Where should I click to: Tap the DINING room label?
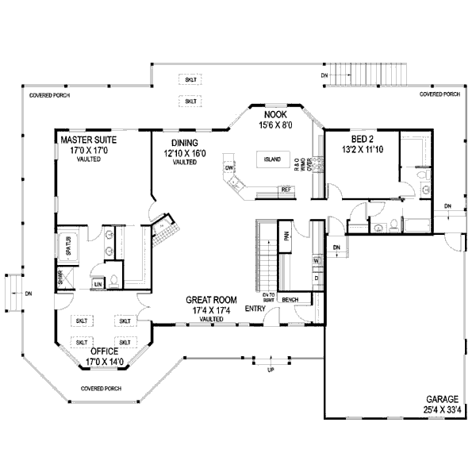tap(184, 143)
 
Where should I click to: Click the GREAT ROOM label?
tap(211, 300)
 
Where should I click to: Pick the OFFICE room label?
tap(103, 350)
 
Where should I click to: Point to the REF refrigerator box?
tap(286, 190)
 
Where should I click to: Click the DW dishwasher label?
tap(229, 169)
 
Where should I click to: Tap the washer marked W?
tap(316, 261)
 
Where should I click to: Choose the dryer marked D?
tap(316, 278)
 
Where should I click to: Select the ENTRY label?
tap(255, 308)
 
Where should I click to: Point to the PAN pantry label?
tap(286, 236)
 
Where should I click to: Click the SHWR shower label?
tap(59, 278)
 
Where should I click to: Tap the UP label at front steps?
tap(271, 371)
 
